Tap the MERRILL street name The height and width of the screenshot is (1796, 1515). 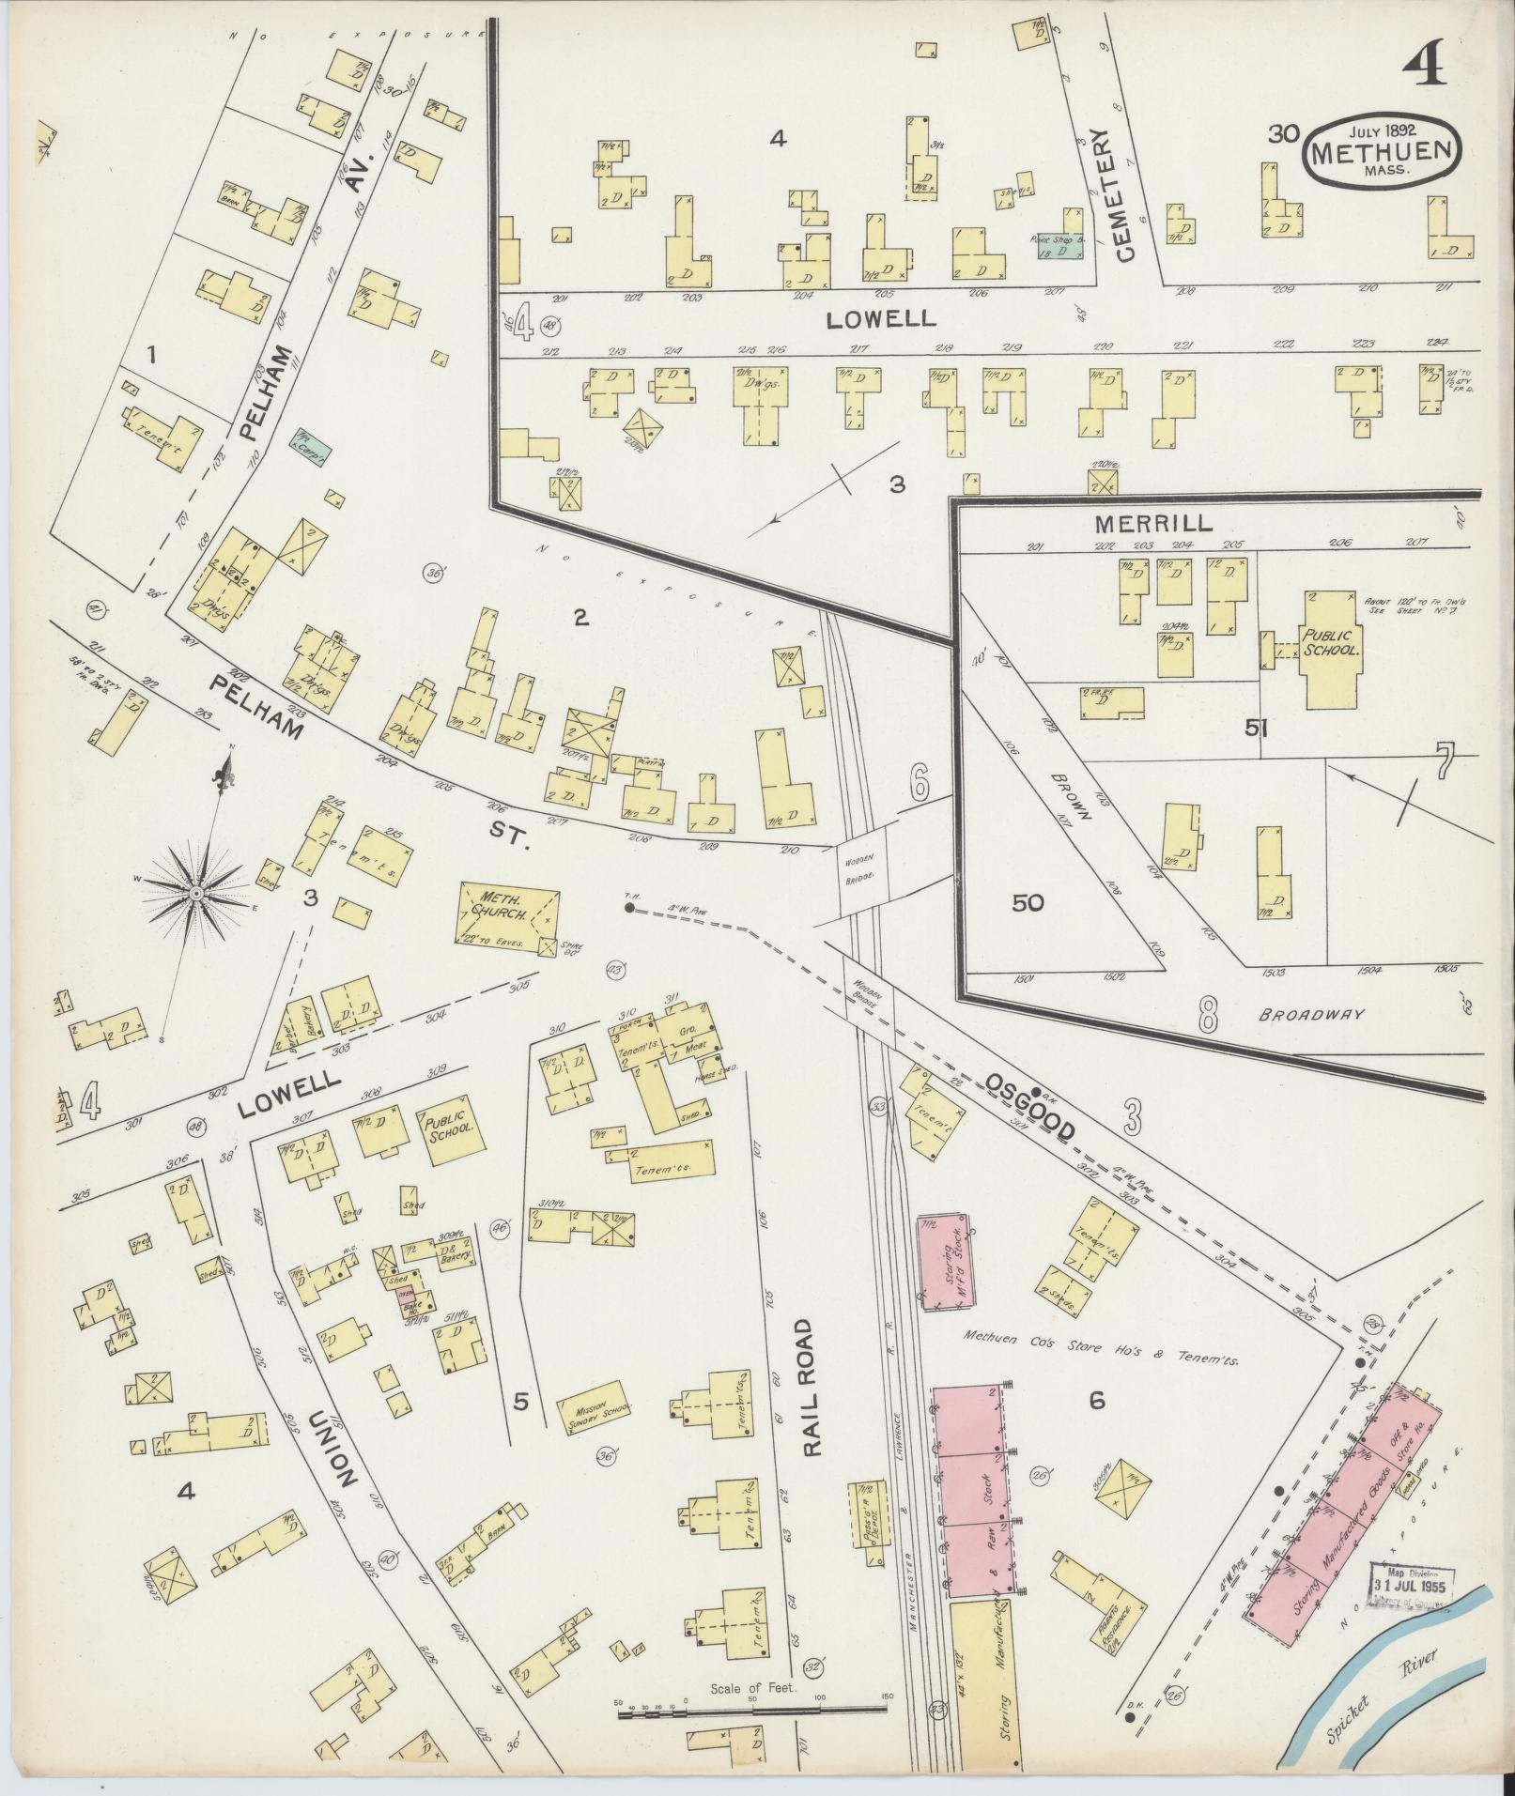point(1152,522)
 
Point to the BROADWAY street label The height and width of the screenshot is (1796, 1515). point(1311,1015)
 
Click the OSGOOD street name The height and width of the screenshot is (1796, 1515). point(1029,1108)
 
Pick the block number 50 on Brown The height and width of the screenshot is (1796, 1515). point(1028,903)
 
